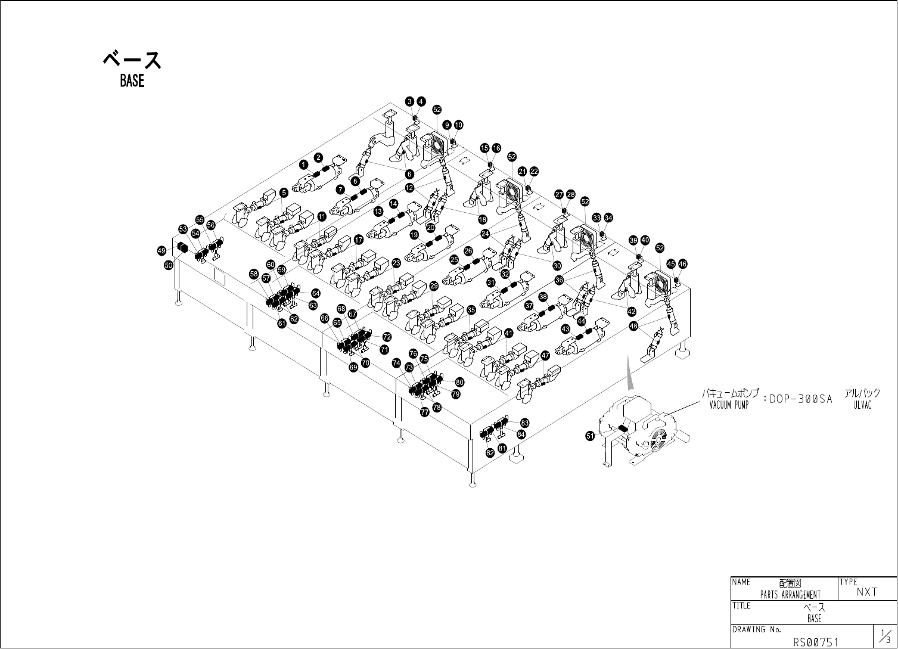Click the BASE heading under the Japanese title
[x=132, y=81]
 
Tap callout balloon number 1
[x=303, y=164]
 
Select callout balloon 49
[x=161, y=251]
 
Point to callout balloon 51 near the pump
[x=590, y=436]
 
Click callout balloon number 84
[x=521, y=434]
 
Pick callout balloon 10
[x=458, y=125]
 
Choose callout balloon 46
[x=683, y=263]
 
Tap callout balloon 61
[x=282, y=323]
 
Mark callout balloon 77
[x=425, y=412]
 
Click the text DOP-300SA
[x=800, y=399]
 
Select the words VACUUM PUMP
[x=728, y=405]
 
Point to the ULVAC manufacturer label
[x=862, y=405]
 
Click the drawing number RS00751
[x=815, y=642]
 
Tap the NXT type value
[x=867, y=592]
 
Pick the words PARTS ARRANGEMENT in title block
[x=790, y=594]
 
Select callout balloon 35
[x=471, y=310]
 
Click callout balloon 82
[x=490, y=453]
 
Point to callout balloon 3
[x=410, y=101]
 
